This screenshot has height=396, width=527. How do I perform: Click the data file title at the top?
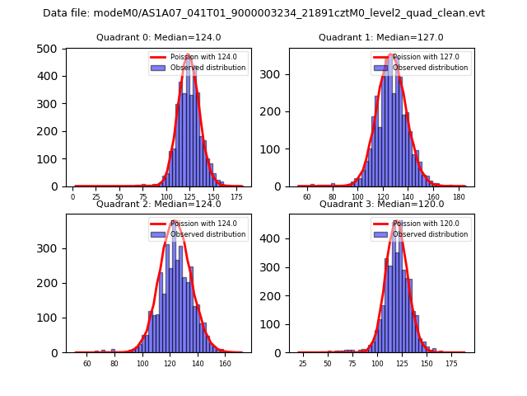pyautogui.click(x=263, y=13)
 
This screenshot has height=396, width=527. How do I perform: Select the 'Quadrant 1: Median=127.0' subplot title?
pyautogui.click(x=380, y=37)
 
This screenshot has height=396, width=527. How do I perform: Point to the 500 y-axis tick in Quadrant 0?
pyautogui.click(x=51, y=48)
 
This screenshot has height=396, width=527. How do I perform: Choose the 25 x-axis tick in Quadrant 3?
pyautogui.click(x=302, y=364)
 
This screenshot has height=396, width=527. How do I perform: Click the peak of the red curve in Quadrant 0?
pyautogui.click(x=188, y=55)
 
